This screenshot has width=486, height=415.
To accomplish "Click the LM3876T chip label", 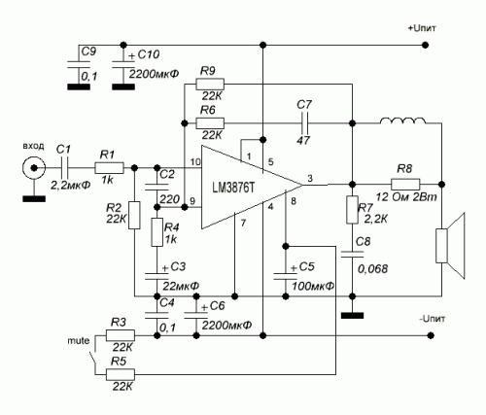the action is click(x=233, y=188).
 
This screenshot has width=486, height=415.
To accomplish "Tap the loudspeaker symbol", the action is click(x=450, y=246).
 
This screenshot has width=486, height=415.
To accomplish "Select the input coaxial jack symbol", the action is click(x=34, y=168).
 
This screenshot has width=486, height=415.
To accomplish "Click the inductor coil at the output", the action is click(x=402, y=121).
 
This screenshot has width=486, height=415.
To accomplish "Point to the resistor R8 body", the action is click(x=405, y=184).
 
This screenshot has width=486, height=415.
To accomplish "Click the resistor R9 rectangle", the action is click(x=210, y=85).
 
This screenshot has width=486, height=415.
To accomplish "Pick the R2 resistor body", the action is click(x=134, y=215).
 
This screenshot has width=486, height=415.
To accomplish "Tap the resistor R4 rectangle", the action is click(x=157, y=232).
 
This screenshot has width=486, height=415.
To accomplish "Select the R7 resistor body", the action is click(x=352, y=210).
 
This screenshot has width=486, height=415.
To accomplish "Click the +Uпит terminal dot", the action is click(x=426, y=45).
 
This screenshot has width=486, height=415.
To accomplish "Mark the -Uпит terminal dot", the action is click(x=431, y=335).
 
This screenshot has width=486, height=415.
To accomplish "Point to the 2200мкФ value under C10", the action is click(x=154, y=74).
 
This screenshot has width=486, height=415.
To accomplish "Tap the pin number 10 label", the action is click(x=195, y=161).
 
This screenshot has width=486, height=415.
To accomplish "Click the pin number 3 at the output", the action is click(x=310, y=178).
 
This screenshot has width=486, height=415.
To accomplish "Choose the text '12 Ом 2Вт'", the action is click(x=406, y=196).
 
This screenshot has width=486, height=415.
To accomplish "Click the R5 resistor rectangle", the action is click(x=121, y=375).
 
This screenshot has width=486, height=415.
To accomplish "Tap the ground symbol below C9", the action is click(x=79, y=86).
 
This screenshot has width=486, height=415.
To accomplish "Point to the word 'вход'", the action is click(x=33, y=146).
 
